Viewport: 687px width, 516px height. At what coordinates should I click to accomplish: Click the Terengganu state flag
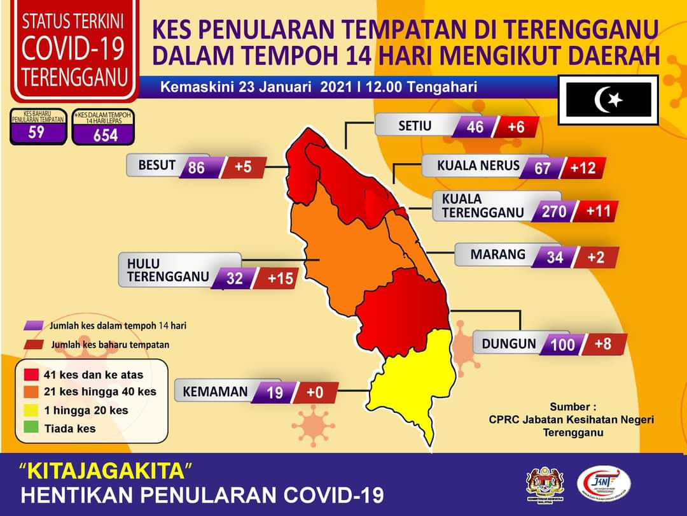(609, 99)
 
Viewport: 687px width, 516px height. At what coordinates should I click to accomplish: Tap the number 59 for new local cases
(37, 133)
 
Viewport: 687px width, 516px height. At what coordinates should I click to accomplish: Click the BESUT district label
(156, 165)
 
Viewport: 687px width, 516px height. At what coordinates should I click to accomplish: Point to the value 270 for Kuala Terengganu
(553, 211)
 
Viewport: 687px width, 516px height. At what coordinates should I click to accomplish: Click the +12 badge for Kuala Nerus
(583, 168)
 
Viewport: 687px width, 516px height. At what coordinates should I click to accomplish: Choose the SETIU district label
(415, 125)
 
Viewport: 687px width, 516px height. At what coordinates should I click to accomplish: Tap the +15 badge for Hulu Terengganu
(280, 278)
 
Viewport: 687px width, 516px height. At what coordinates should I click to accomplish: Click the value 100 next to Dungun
(562, 345)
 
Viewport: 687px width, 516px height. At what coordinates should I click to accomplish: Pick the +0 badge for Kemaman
(315, 392)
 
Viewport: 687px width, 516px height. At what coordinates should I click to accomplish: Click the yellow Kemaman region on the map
(407, 382)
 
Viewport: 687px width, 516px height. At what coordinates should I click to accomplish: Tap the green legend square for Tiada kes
(32, 428)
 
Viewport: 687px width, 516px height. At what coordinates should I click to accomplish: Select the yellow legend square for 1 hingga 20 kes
(32, 410)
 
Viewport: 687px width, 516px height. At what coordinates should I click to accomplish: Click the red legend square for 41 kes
(32, 374)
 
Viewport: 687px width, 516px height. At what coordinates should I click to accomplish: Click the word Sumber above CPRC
(572, 406)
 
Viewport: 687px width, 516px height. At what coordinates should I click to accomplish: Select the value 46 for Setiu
(475, 127)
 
